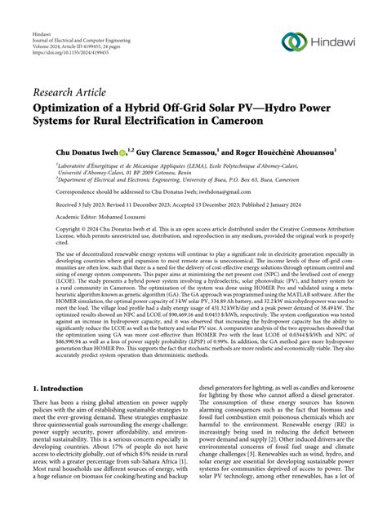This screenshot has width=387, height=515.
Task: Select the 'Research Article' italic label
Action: (x=70, y=92)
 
